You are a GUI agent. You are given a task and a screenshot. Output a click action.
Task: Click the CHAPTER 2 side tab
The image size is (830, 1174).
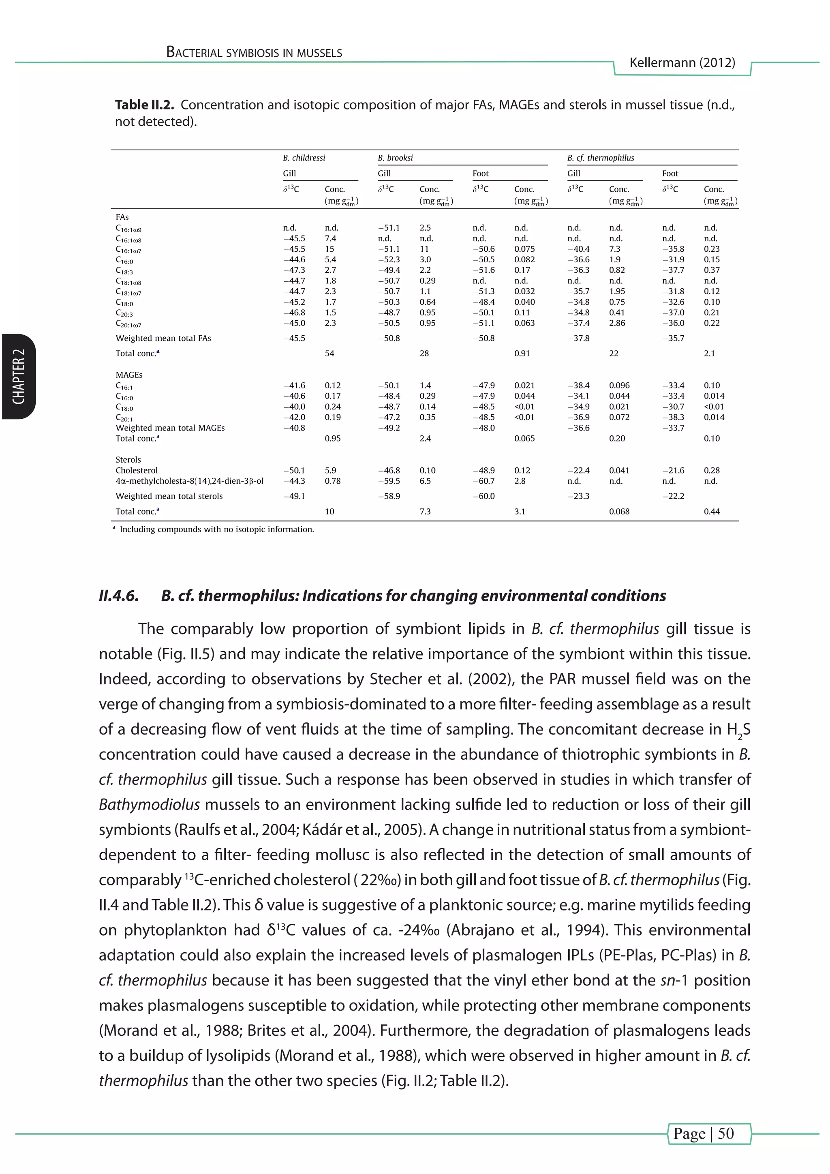click(18, 377)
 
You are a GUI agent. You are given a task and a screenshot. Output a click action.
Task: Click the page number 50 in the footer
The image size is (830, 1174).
click(725, 1133)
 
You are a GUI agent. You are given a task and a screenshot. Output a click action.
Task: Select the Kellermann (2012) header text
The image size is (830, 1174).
click(682, 63)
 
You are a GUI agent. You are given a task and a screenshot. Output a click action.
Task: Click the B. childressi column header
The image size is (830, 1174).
click(304, 158)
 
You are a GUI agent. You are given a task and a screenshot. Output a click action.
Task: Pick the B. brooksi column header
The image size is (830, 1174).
click(395, 158)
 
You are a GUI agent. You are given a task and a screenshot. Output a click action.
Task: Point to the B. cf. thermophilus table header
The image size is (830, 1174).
click(600, 158)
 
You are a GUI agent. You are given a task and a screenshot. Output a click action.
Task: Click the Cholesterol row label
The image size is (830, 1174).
click(137, 470)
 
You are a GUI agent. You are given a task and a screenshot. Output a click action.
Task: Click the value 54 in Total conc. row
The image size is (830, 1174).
click(329, 353)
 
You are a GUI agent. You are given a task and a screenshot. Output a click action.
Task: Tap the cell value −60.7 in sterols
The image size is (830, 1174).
click(483, 481)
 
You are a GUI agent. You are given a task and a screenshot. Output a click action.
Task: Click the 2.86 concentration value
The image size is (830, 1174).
click(617, 323)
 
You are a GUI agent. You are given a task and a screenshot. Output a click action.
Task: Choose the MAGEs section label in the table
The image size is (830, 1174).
click(129, 375)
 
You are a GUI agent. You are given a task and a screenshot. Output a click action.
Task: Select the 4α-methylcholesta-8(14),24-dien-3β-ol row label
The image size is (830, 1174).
click(189, 481)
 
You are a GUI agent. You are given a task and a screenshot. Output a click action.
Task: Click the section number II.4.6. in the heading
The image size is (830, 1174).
click(119, 596)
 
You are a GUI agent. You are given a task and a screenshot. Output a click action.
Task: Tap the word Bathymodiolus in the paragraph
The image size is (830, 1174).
click(149, 805)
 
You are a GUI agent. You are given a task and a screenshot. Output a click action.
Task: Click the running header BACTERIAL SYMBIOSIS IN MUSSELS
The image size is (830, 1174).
click(254, 53)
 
